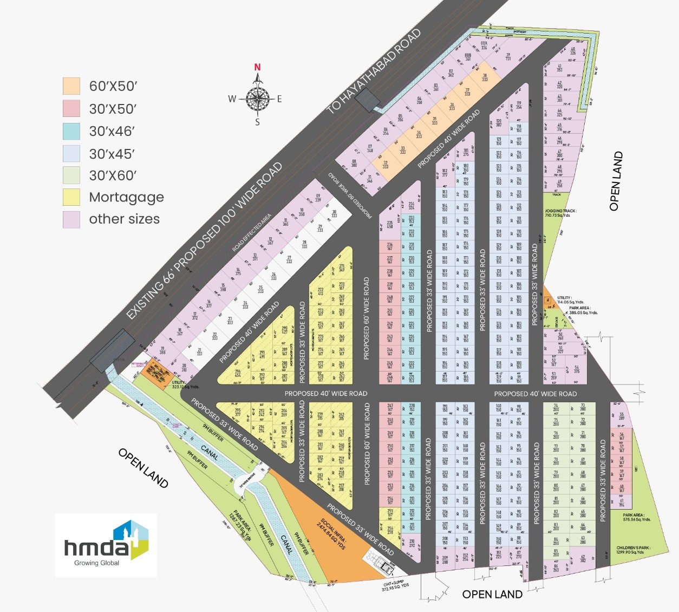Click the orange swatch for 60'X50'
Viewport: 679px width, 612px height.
(71, 86)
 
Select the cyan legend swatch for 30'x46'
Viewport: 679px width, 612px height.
(71, 131)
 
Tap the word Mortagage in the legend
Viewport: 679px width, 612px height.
(126, 197)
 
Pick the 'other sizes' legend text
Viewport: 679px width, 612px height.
(124, 219)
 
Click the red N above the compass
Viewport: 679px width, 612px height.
(258, 68)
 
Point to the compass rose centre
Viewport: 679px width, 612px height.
(258, 99)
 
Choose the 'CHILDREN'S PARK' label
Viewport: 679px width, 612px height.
(633, 550)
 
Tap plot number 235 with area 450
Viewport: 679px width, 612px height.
(389, 225)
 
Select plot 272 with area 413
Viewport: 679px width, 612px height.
(320, 291)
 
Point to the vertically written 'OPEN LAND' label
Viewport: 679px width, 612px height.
(617, 181)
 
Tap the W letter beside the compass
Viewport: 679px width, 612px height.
(232, 99)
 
